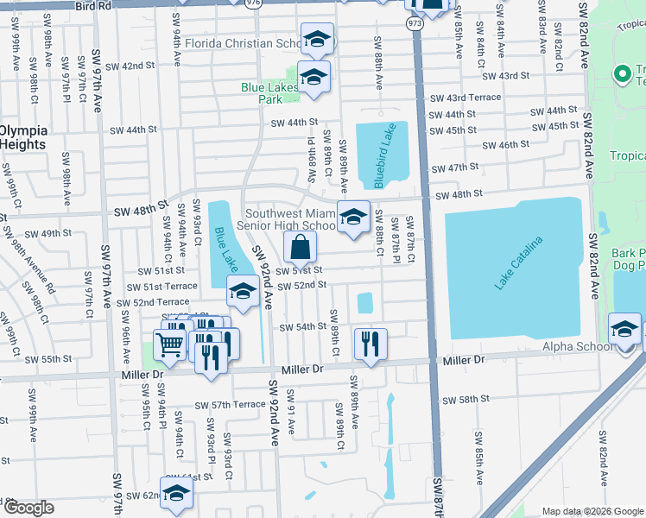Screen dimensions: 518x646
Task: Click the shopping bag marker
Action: pyautogui.click(x=299, y=249)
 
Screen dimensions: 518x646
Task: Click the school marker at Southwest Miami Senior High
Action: pyautogui.click(x=352, y=218)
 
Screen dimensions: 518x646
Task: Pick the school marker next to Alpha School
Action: pyautogui.click(x=624, y=329)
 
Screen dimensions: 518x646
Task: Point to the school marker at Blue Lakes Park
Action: pyautogui.click(x=313, y=78)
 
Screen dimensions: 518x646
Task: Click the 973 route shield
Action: pyautogui.click(x=416, y=25)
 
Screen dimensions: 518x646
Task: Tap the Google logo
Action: pyautogui.click(x=28, y=508)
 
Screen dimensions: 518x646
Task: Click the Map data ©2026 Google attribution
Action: pyautogui.click(x=592, y=511)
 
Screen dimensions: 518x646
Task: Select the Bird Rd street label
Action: pyautogui.click(x=92, y=5)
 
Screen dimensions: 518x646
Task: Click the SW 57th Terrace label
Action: pyautogui.click(x=230, y=405)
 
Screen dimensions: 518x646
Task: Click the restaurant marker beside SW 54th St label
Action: pyautogui.click(x=370, y=344)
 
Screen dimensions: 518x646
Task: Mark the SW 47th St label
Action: pyautogui.click(x=453, y=167)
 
